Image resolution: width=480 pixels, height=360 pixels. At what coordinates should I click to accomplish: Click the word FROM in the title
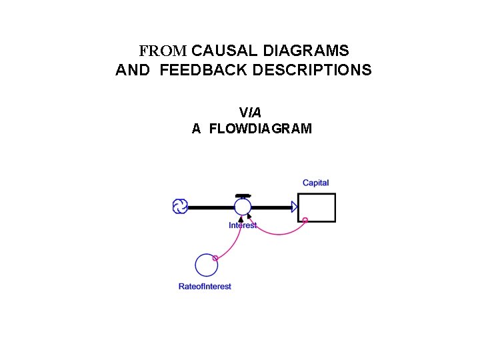[x=163, y=51]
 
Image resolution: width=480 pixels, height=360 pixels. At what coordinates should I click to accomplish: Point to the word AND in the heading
[x=133, y=70]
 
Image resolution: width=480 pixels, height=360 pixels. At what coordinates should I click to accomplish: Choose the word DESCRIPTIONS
[x=312, y=70]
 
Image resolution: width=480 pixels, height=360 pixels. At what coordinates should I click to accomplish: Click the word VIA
[x=250, y=113]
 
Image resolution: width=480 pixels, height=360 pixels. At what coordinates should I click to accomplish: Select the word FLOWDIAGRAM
[x=260, y=129]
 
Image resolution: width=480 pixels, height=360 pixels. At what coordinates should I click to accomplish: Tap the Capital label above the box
[x=315, y=183]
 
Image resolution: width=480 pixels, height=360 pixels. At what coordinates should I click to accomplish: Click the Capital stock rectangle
[x=316, y=207]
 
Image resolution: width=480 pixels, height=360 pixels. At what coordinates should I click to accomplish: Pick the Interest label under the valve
[x=243, y=225]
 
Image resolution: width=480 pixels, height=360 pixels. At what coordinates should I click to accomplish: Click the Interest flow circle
[x=243, y=207]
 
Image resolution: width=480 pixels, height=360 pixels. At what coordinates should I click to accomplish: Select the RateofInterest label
[x=205, y=287]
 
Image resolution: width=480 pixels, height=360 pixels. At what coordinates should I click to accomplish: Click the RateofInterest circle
[x=206, y=265]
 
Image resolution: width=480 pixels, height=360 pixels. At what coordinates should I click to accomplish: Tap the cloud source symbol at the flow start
[x=179, y=207]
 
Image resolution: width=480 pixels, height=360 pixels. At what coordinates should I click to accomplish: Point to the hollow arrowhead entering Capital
[x=295, y=207]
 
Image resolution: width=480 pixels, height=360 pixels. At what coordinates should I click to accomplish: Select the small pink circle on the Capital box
[x=305, y=220]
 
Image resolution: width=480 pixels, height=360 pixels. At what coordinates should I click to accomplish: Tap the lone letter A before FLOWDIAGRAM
[x=196, y=129]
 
